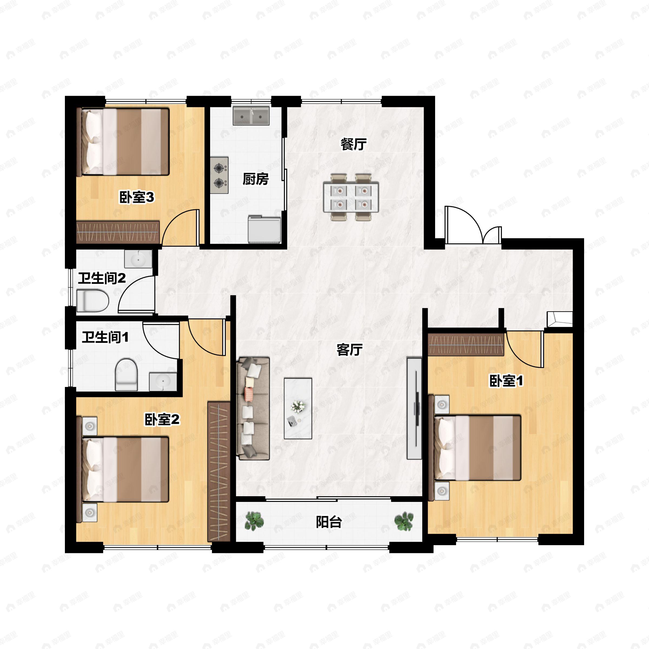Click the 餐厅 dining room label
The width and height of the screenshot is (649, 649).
click(x=353, y=144)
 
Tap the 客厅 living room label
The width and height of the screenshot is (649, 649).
click(x=349, y=350)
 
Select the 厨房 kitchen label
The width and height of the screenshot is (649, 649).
click(x=256, y=179)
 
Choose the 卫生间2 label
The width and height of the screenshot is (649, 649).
click(x=102, y=278)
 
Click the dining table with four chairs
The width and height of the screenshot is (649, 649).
click(x=351, y=197)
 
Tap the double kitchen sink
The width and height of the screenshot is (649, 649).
click(x=251, y=116)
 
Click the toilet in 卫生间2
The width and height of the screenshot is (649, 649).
click(x=93, y=301)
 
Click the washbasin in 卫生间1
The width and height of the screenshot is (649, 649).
click(x=163, y=382)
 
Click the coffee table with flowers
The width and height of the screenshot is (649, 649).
click(x=298, y=409)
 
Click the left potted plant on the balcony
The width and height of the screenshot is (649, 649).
click(x=254, y=521)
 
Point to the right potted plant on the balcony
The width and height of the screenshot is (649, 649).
click(x=404, y=521)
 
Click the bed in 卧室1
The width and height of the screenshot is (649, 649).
click(x=475, y=448)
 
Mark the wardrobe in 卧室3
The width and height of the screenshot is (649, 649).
click(x=118, y=232)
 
